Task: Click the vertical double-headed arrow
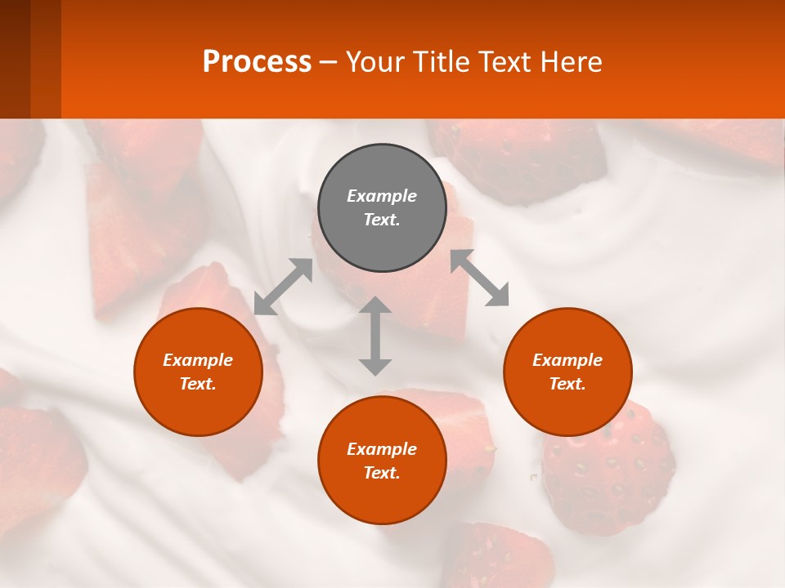(x=375, y=336)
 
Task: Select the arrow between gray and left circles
(x=283, y=287)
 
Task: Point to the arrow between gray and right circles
(x=480, y=278)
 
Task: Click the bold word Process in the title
(x=257, y=61)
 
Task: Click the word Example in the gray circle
(x=382, y=196)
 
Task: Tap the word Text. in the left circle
(x=198, y=384)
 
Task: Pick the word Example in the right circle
(x=567, y=360)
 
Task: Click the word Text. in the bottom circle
(x=382, y=473)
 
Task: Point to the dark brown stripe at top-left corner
(x=15, y=59)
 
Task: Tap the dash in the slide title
(x=328, y=62)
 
